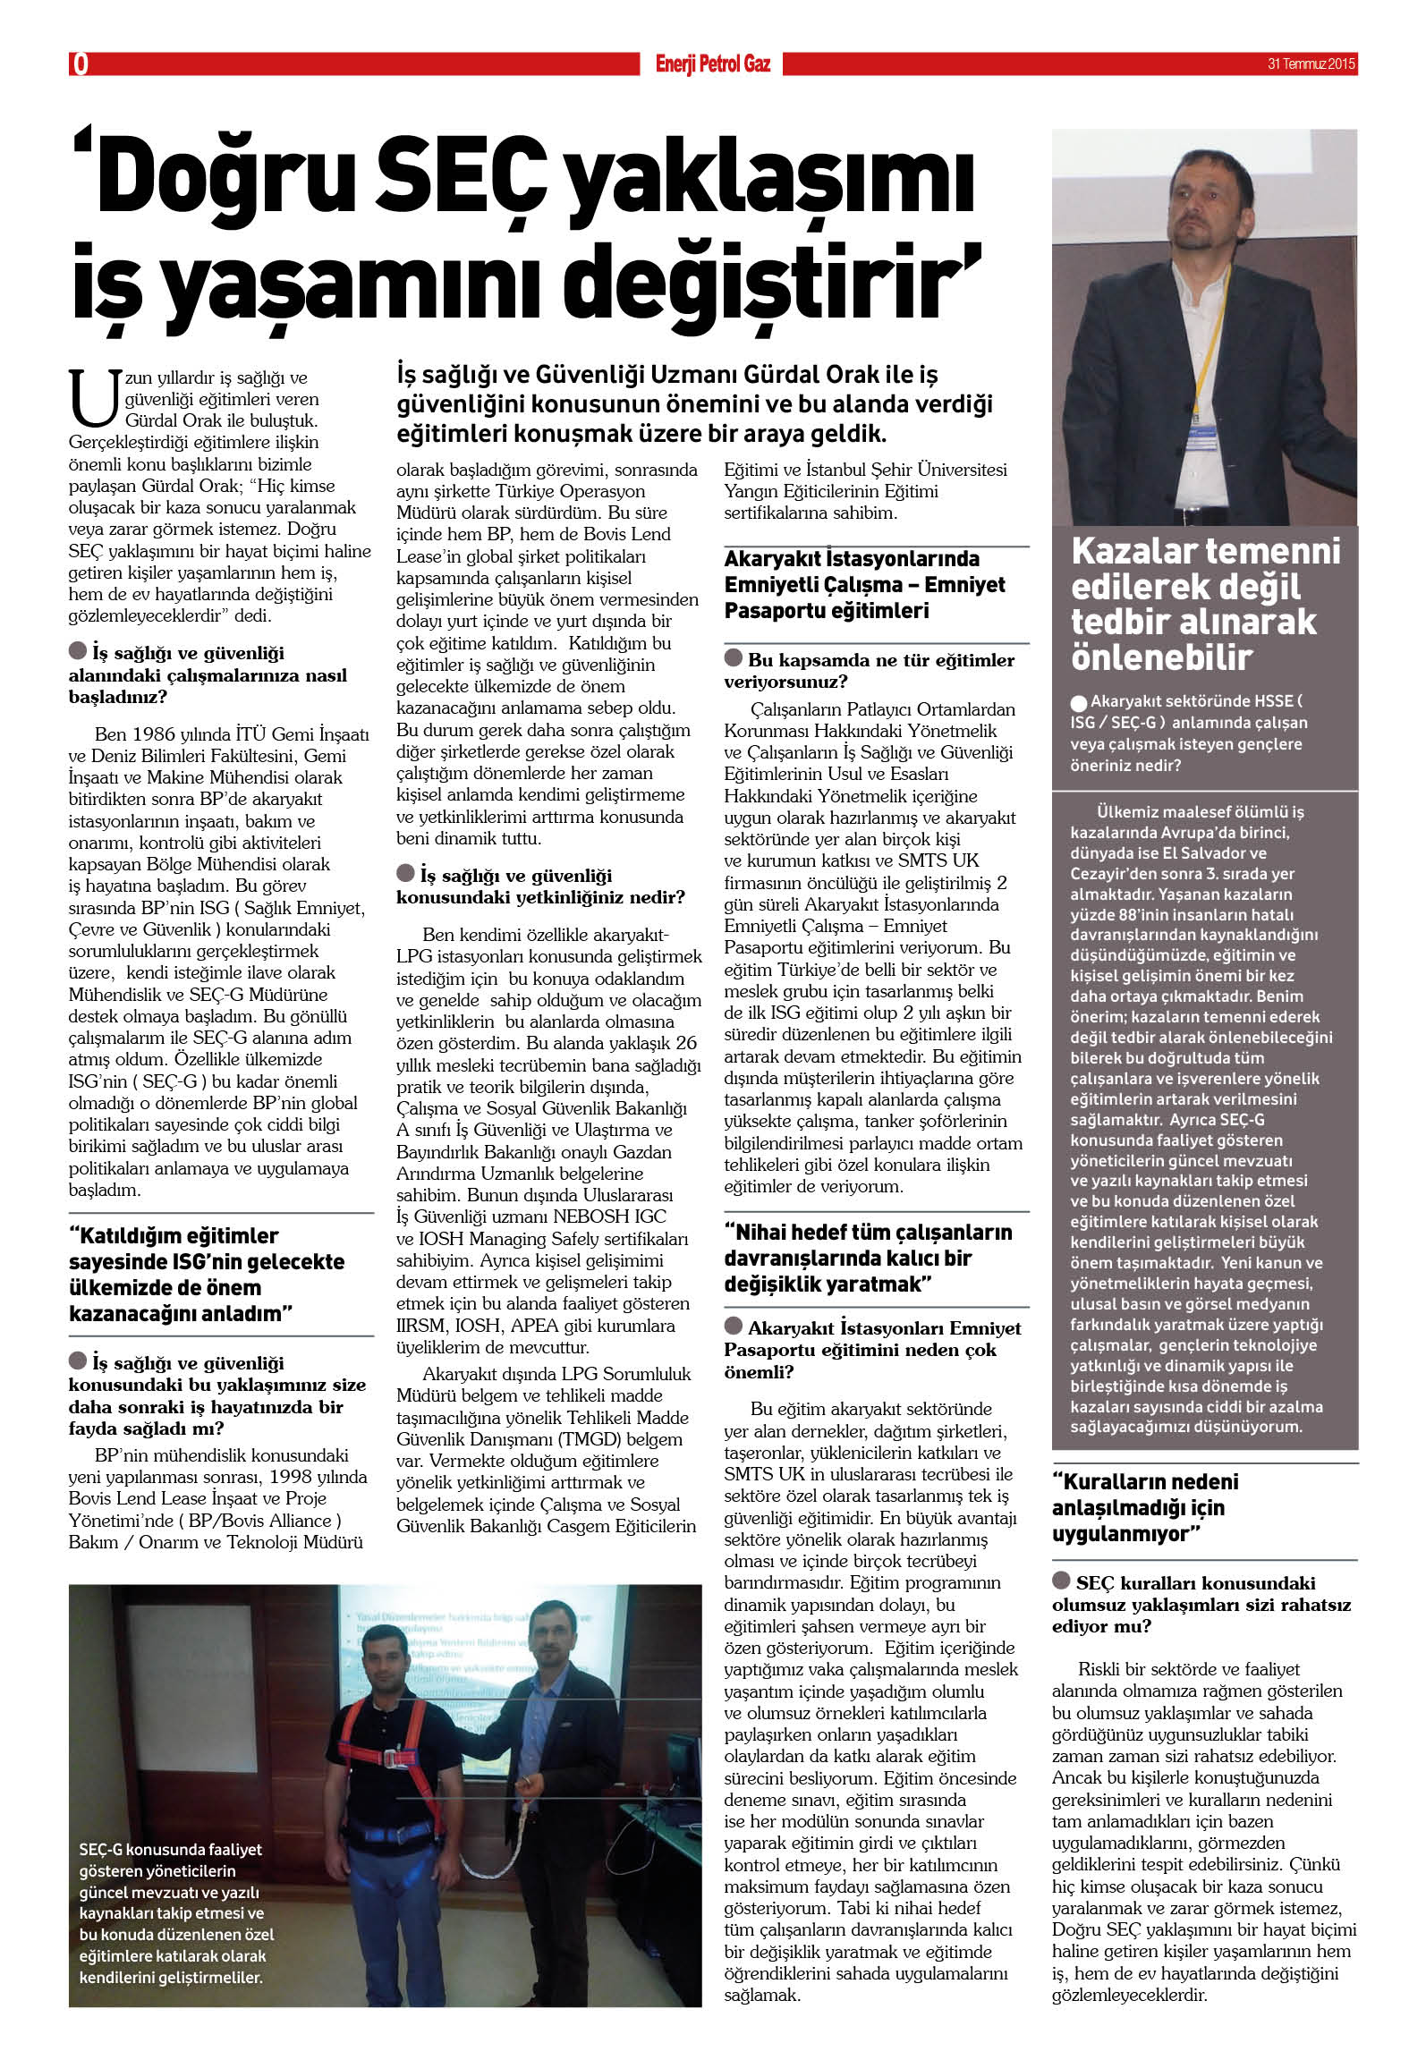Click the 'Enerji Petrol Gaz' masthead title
click(712, 64)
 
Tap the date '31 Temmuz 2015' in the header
click(1311, 64)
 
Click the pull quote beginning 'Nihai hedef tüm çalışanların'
click(867, 1258)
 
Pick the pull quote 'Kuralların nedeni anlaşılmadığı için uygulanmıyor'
click(1145, 1507)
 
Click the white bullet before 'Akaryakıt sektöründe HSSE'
click(1079, 703)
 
